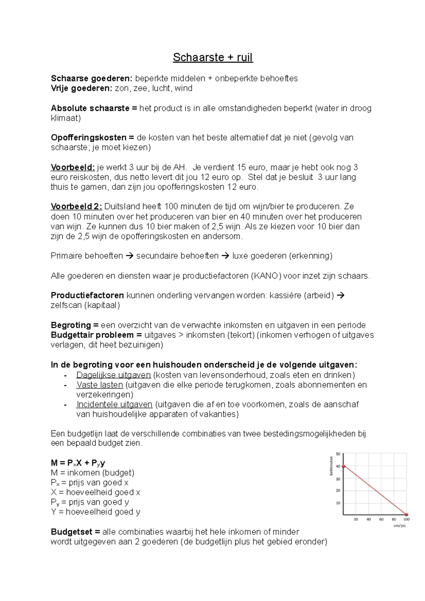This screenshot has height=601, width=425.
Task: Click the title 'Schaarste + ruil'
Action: pos(212,57)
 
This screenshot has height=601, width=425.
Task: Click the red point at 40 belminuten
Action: pos(343,467)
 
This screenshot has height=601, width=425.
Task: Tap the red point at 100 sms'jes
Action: pos(406,514)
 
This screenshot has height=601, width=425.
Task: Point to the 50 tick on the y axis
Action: pos(338,454)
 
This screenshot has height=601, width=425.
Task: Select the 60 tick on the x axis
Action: pos(381,520)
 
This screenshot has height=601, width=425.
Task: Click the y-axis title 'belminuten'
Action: pos(331,465)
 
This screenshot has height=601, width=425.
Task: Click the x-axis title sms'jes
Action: pos(399,526)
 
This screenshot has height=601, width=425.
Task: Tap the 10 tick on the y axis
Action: pos(338,503)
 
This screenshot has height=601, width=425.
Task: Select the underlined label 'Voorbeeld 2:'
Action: pos(76,206)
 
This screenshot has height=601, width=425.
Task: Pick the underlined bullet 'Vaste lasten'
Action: pos(100,385)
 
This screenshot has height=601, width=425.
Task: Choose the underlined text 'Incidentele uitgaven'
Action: pos(114,404)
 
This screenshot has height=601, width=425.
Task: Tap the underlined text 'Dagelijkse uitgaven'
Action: pos(113,375)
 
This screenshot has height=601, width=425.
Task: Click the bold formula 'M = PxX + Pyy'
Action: pos(78,463)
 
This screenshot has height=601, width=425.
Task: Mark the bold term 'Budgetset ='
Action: pos(75,532)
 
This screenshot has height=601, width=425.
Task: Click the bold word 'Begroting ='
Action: pos(75,325)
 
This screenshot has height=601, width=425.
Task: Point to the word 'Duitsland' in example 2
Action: pos(121,206)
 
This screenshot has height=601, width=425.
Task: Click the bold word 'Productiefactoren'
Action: pos(87,295)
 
